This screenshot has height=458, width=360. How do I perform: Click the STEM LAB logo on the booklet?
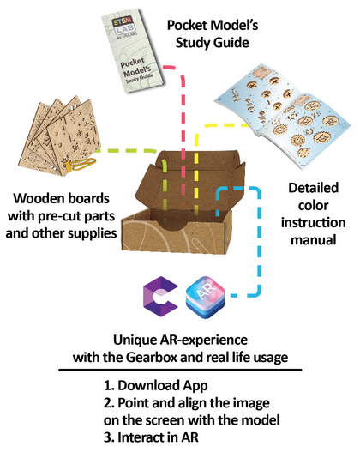click(x=124, y=27)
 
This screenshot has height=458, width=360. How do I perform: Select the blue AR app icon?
click(x=205, y=297)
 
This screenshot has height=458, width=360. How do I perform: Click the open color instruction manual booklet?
click(x=283, y=117)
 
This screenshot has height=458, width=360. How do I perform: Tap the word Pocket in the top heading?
click(x=186, y=26)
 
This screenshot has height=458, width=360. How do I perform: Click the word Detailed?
click(x=313, y=188)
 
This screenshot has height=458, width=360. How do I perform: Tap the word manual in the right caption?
click(x=313, y=240)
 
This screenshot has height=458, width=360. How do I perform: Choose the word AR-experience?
click(x=203, y=340)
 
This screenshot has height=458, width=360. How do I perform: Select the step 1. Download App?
click(x=156, y=386)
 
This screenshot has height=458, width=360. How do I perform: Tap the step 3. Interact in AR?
click(x=151, y=437)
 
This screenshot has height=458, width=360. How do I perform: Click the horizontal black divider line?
click(x=180, y=370)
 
